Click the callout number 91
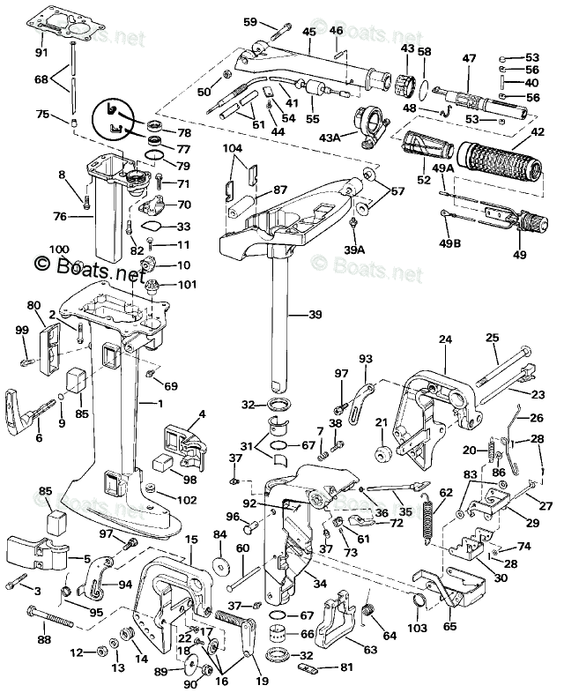[x=41, y=52]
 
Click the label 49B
[x=449, y=244]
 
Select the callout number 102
[x=186, y=500]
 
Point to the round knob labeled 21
[x=382, y=452]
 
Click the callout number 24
[x=445, y=339]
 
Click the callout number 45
[x=309, y=33]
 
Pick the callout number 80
[x=34, y=306]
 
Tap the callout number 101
[x=187, y=284]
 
